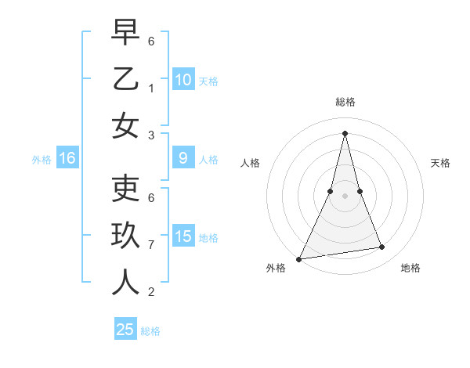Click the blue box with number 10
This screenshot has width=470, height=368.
183,79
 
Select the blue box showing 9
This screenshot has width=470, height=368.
183,158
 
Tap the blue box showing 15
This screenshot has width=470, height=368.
183,236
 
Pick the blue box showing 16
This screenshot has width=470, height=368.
67,158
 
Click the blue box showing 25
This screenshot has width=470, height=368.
125,330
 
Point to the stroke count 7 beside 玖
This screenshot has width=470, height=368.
151,245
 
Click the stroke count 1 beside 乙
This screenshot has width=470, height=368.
151,88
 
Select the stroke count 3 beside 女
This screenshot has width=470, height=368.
151,135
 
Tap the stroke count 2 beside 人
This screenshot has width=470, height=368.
151,292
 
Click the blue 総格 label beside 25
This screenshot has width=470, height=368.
150,330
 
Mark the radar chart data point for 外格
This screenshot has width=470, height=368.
298,258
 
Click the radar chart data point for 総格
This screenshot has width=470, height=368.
345,132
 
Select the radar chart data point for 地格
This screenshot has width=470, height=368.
382,247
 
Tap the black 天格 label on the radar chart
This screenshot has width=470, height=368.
440,163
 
